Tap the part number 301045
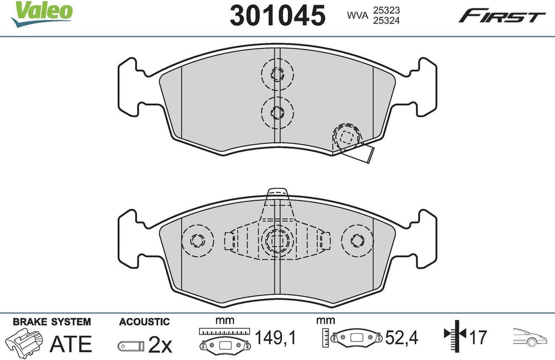tap(277, 16)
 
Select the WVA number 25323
tap(386, 10)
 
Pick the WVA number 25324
tap(386, 21)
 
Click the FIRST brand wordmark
tap(502, 16)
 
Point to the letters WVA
tap(358, 15)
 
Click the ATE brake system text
tap(71, 344)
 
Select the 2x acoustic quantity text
tap(160, 345)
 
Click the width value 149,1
tap(275, 338)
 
